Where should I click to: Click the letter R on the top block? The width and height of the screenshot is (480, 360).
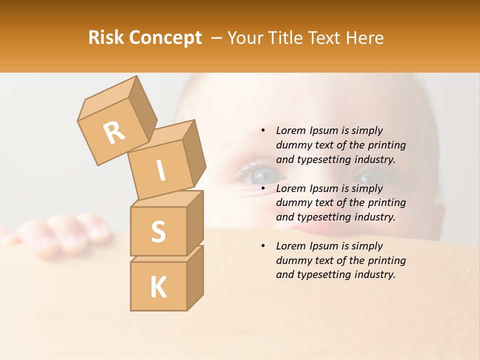click(114, 133)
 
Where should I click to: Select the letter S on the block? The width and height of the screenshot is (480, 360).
click(158, 232)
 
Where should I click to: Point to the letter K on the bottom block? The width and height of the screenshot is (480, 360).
click(158, 287)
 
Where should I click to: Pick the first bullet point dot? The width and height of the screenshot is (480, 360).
click(263, 130)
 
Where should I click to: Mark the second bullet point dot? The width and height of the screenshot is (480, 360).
click(263, 188)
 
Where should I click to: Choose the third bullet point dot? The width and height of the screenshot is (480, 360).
click(263, 246)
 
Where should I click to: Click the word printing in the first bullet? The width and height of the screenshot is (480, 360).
click(386, 145)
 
